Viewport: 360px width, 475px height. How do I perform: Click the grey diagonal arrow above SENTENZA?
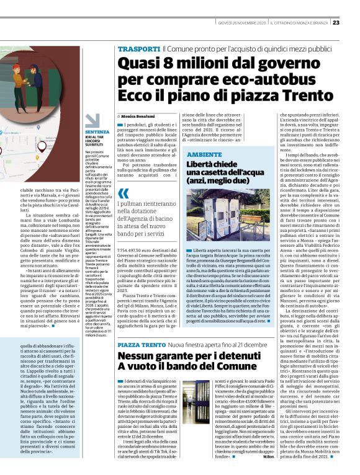(x=92, y=122)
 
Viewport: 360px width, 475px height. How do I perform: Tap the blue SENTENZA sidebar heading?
(x=97, y=132)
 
